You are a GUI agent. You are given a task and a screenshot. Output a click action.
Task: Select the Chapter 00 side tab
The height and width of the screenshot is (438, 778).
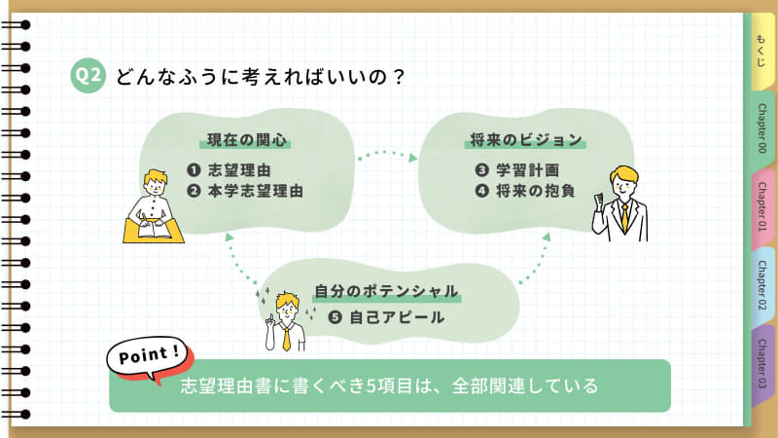coord(761,127)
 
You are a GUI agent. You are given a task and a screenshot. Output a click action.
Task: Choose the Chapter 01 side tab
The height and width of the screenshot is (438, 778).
coord(761,206)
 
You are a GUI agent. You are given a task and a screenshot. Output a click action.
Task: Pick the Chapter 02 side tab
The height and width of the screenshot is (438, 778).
coord(761,286)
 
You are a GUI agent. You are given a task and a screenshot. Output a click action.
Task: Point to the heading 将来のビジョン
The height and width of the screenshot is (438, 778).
coord(525,138)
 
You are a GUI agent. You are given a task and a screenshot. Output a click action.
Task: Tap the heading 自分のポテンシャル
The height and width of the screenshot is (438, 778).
coord(386,291)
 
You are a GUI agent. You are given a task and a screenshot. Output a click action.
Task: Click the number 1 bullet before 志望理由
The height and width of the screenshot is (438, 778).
coord(193,170)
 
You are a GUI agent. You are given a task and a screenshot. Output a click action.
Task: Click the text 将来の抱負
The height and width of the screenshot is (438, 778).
coord(535,191)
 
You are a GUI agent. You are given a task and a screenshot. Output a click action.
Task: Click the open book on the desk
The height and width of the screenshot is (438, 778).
coord(154,231)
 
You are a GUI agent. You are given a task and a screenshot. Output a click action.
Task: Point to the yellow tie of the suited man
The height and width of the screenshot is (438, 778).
coord(623,216)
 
